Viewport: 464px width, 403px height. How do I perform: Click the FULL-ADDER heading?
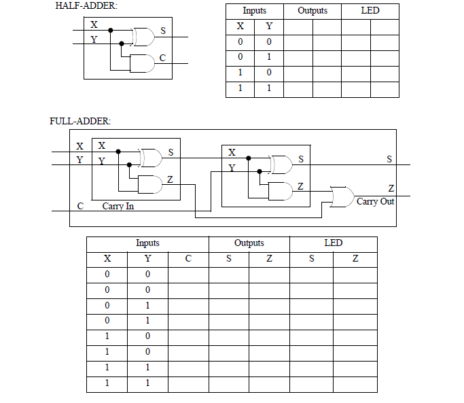tap(80, 122)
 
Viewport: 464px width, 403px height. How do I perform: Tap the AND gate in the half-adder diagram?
tap(142, 63)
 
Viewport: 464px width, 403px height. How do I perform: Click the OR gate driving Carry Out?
tap(340, 196)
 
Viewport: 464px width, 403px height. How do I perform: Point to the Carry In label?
tap(118, 205)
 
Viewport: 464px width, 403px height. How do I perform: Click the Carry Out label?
tap(375, 202)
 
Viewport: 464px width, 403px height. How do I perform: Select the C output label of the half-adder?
tap(162, 58)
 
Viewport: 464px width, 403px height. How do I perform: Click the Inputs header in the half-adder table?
tap(255, 11)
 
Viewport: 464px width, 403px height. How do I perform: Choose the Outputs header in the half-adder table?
tap(313, 11)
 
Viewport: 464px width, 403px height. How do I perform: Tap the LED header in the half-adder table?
tap(370, 11)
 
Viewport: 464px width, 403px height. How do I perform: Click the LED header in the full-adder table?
tap(333, 243)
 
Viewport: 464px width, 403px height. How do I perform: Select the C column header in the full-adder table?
tap(188, 259)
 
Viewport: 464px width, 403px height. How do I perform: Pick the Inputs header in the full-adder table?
tap(147, 243)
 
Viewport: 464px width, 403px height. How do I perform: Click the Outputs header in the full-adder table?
tap(249, 243)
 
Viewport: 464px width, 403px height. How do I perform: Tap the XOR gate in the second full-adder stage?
tap(281, 164)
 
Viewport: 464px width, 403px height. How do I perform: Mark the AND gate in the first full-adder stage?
tap(150, 184)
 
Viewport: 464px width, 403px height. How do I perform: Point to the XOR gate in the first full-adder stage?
tap(151, 158)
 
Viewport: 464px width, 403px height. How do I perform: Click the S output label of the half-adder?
tap(163, 32)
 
